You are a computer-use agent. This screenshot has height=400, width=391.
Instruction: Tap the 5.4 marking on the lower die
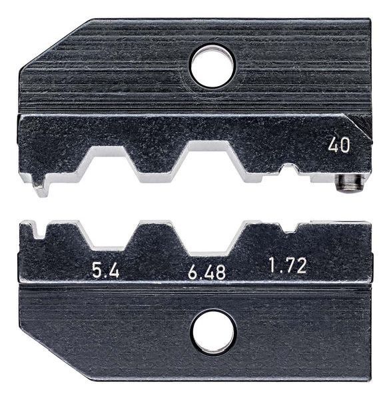click(106, 271)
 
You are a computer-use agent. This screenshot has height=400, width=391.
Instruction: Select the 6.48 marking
click(206, 272)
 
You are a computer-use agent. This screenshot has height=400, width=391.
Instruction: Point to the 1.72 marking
click(288, 265)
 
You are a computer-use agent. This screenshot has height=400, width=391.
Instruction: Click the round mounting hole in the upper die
click(212, 66)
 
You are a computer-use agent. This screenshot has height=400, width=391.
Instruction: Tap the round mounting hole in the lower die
click(214, 333)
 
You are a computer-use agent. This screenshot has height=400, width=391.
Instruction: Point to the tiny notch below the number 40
click(289, 169)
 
